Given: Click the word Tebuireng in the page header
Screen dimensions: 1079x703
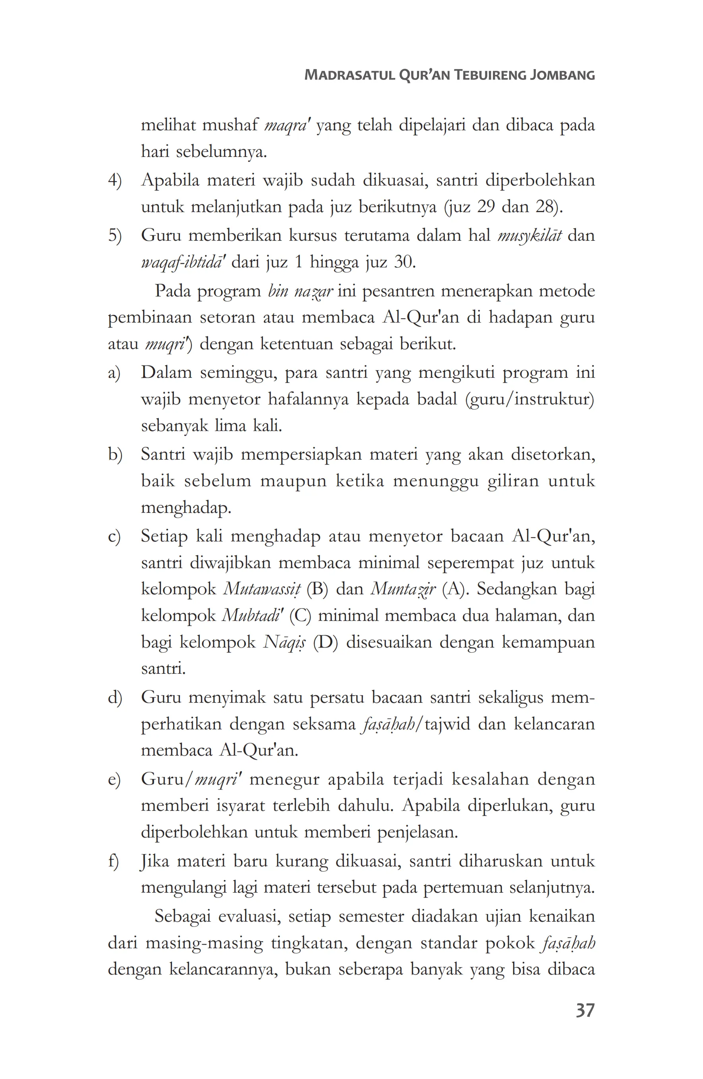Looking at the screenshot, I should pos(488,75).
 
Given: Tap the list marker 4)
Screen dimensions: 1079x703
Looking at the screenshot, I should pos(115,180).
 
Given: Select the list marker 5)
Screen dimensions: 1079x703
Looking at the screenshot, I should pos(115,236).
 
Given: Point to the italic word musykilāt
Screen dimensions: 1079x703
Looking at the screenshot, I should pos(529,236).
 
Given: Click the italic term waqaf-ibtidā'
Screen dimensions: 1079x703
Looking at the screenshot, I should pos(183,263).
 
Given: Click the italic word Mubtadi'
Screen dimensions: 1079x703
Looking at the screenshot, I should pos(253,616).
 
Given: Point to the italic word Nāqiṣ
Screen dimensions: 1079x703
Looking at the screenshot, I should pos(284,642).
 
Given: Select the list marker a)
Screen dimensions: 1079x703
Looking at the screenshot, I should pos(114,373).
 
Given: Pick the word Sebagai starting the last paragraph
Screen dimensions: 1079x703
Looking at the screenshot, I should pos(182,916).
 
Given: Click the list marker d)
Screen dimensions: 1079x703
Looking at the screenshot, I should pos(115,697).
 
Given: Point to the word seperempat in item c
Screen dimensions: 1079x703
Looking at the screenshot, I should pos(470,563).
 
